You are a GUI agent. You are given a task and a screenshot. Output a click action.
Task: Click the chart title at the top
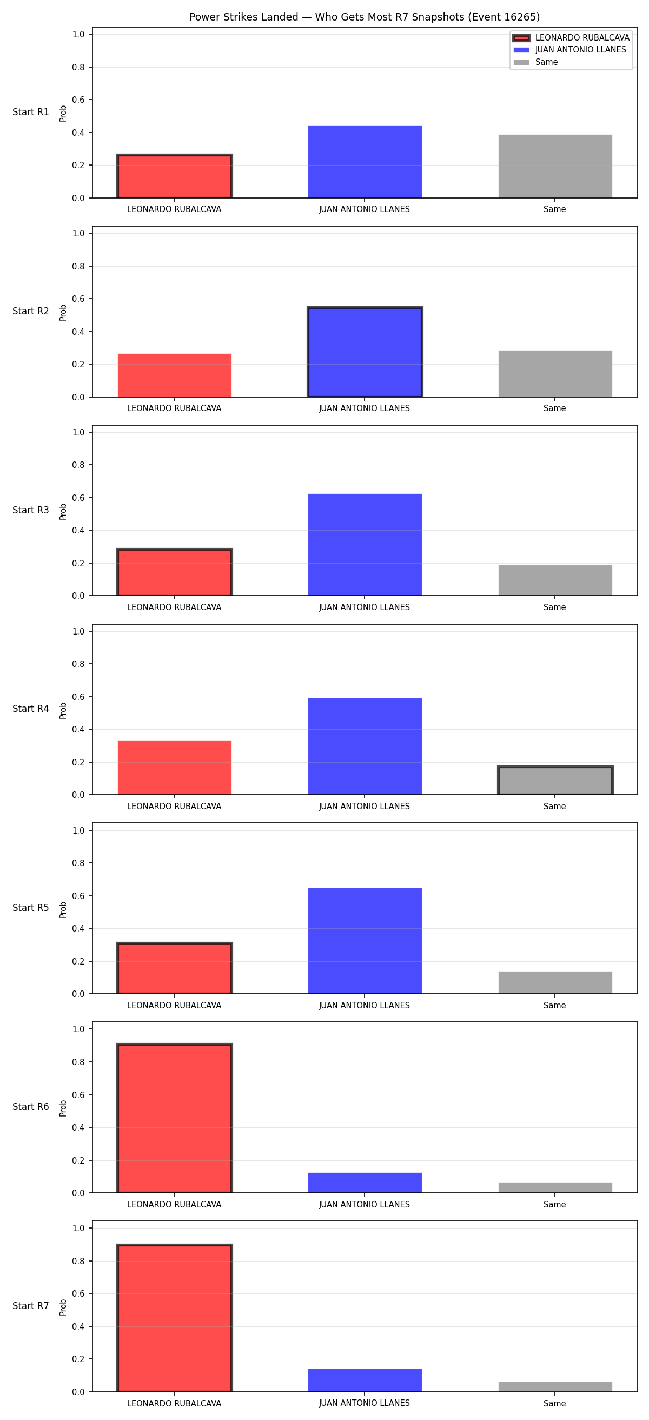click(364, 17)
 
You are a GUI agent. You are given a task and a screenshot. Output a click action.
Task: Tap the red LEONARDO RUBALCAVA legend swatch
click(521, 38)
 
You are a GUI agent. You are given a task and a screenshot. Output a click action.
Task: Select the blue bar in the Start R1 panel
click(365, 162)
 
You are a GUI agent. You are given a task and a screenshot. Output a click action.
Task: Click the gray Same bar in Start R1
click(555, 166)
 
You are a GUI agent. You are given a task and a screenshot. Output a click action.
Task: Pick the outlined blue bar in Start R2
click(365, 352)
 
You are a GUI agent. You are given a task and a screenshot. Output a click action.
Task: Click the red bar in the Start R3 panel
click(175, 572)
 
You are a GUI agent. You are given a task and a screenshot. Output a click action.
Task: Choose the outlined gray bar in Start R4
click(555, 781)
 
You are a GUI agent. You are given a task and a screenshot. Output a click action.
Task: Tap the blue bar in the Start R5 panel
click(365, 941)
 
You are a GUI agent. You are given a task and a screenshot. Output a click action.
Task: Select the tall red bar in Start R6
click(175, 1119)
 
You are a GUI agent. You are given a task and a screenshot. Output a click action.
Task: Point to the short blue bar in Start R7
click(365, 1381)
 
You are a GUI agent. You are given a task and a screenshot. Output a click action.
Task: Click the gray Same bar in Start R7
click(555, 1387)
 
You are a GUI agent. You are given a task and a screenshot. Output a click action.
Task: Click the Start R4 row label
click(31, 709)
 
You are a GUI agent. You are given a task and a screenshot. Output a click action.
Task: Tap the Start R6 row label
click(31, 1107)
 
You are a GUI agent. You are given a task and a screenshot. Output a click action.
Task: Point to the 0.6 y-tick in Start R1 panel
click(78, 100)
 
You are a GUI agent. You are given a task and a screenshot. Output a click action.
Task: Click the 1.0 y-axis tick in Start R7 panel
click(78, 1228)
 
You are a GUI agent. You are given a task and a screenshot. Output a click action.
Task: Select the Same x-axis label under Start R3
click(555, 607)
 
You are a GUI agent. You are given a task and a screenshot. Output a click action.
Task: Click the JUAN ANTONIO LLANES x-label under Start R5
click(364, 1006)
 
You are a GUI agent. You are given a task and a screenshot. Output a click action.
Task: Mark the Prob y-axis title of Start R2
click(63, 313)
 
